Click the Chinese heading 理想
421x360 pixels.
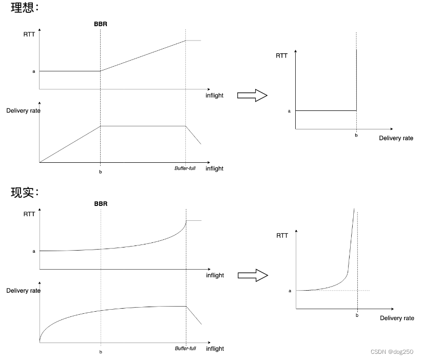(x=22, y=9)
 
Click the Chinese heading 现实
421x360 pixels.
(x=22, y=193)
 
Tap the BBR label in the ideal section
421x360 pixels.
(x=101, y=24)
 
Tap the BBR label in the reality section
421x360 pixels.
(x=101, y=204)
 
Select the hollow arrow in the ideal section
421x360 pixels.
(x=252, y=95)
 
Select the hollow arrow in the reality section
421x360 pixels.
(x=252, y=275)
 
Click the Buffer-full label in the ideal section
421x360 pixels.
(x=185, y=168)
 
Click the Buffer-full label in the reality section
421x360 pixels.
(x=185, y=348)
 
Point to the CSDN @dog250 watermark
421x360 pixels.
(x=392, y=352)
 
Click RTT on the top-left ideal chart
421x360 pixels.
(x=29, y=34)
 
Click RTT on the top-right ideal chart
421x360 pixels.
(x=281, y=55)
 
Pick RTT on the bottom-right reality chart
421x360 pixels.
(x=282, y=235)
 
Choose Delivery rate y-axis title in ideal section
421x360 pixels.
(x=23, y=110)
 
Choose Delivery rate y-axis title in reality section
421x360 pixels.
(x=23, y=291)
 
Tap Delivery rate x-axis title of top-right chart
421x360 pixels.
(x=396, y=138)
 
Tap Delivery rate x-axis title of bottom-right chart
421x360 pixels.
(x=397, y=318)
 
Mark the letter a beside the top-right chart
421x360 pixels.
(x=289, y=111)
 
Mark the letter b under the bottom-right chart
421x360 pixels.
(x=357, y=315)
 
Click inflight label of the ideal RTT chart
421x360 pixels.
(x=215, y=96)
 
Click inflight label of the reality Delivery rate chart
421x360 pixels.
(x=215, y=348)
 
